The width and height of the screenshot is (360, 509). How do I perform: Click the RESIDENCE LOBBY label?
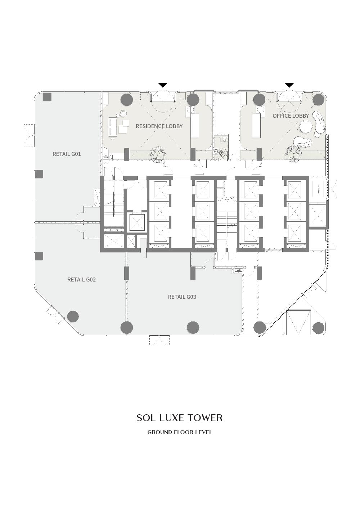pos(159,126)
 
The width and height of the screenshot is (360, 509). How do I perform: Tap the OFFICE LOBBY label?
pos(291,116)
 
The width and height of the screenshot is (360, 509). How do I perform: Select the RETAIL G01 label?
pos(67,154)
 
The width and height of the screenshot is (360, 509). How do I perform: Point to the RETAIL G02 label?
pos(81,279)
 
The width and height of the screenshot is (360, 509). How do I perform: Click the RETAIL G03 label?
pos(182,297)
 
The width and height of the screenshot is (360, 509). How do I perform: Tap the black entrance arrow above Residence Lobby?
pos(163,85)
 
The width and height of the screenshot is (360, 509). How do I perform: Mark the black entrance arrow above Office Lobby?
pos(289,85)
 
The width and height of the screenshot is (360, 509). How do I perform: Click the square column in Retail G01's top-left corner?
pos(47,97)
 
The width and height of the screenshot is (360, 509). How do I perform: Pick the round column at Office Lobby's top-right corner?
pos(318,99)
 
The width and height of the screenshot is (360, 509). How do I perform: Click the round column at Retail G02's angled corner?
pos(73,316)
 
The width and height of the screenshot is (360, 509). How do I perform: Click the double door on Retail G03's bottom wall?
pos(159,340)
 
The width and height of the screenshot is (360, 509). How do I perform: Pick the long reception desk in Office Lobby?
pos(256,126)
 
